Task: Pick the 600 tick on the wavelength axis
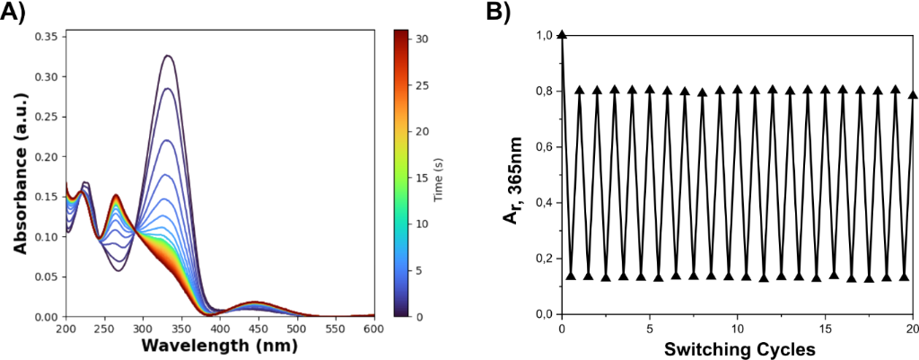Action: pyautogui.click(x=374, y=329)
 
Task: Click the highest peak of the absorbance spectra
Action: pyautogui.click(x=167, y=56)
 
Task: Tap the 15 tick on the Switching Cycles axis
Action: pyautogui.click(x=826, y=329)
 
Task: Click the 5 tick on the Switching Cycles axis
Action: pyautogui.click(x=650, y=329)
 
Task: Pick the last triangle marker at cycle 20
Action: pyautogui.click(x=913, y=94)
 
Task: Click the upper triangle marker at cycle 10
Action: pyautogui.click(x=738, y=90)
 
